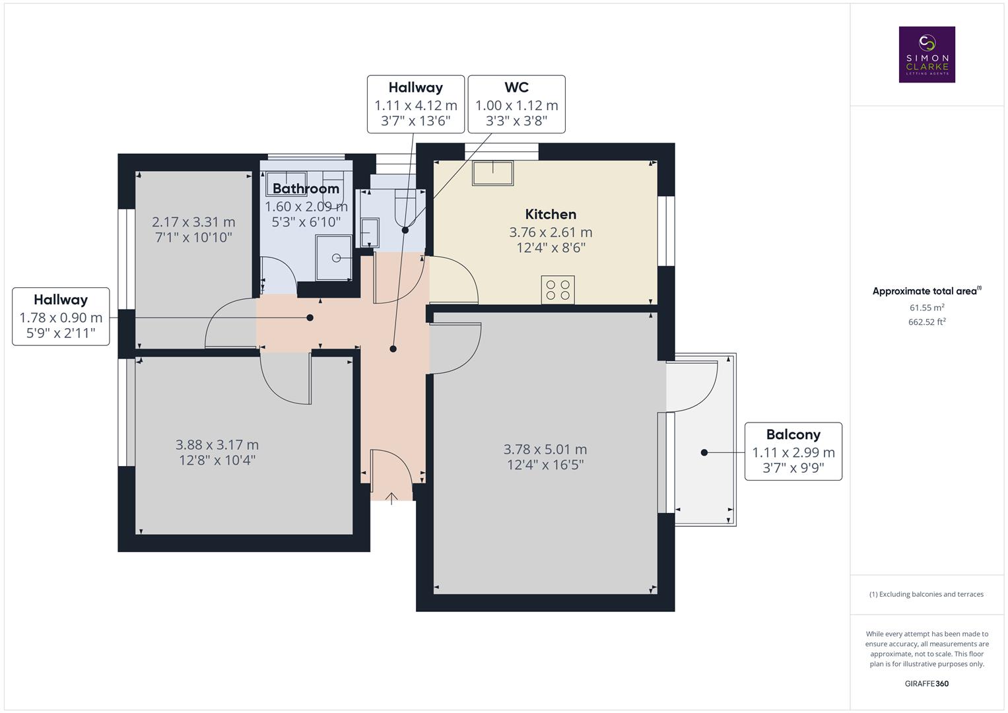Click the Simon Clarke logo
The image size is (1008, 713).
pyautogui.click(x=927, y=54)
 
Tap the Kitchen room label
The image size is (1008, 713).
pyautogui.click(x=551, y=214)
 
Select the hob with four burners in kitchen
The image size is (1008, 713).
pyautogui.click(x=558, y=290)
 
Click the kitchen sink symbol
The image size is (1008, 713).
pyautogui.click(x=492, y=173)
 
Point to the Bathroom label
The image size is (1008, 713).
pyautogui.click(x=306, y=189)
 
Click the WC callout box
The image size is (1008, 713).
pyautogui.click(x=516, y=104)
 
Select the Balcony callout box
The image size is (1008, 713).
pyautogui.click(x=793, y=451)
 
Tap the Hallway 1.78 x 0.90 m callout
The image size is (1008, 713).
pyautogui.click(x=61, y=316)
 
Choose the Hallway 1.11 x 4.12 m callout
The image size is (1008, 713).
pyautogui.click(x=416, y=104)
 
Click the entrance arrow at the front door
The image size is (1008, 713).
pyautogui.click(x=391, y=498)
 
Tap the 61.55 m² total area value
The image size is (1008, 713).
pyautogui.click(x=927, y=308)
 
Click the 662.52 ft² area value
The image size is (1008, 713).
pyautogui.click(x=927, y=322)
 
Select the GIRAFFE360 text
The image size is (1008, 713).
pyautogui.click(x=926, y=683)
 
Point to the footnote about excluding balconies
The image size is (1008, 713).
pyautogui.click(x=926, y=594)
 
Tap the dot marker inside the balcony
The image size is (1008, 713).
pyautogui.click(x=704, y=452)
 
